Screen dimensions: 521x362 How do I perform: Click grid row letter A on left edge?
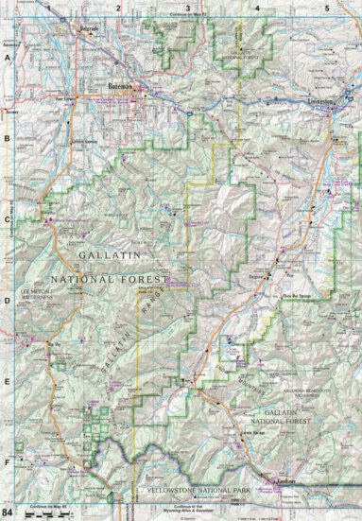click(8, 57)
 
